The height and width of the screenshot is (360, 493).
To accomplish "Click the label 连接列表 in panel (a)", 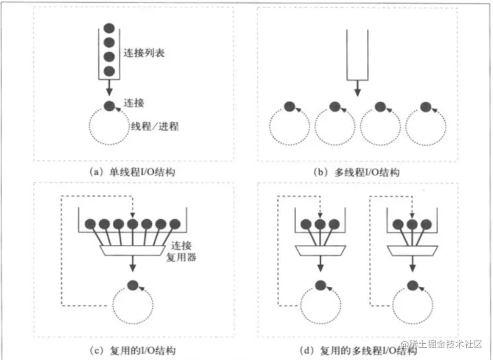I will (144, 53).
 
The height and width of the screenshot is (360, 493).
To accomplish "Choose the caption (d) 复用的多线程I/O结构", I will (358, 351).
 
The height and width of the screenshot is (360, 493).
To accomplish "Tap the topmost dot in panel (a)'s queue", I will (109, 28).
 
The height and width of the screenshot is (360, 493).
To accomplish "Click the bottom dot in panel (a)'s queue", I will (109, 70).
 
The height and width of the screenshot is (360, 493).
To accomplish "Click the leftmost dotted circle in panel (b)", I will (289, 126).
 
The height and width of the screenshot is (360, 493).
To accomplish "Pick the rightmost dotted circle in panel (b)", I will (425, 126).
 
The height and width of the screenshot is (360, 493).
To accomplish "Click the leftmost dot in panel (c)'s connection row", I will (91, 224).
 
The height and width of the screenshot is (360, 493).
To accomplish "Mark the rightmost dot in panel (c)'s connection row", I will (175, 224).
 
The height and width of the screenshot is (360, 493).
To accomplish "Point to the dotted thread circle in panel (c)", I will (133, 304).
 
